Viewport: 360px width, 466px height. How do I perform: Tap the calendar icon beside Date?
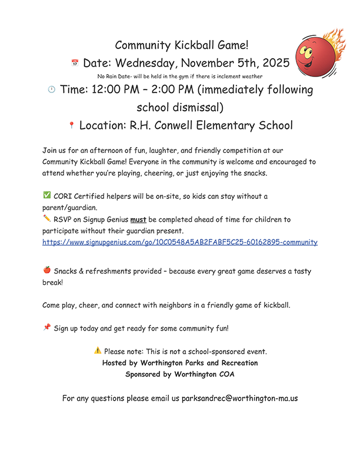[75, 62]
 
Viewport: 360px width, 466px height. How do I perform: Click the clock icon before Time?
[51, 89]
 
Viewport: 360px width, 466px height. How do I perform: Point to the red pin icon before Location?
[71, 125]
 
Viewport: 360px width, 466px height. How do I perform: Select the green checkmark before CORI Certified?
[47, 195]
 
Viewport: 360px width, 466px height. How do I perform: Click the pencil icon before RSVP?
[47, 218]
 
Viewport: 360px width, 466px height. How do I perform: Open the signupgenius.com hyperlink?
[180, 242]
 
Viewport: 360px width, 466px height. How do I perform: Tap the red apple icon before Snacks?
[47, 271]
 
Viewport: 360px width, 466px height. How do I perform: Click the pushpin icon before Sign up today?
[47, 328]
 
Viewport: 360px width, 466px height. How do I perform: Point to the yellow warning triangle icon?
[98, 351]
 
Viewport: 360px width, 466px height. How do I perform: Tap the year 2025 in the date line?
[274, 63]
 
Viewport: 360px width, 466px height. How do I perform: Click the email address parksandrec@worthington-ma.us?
[239, 398]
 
